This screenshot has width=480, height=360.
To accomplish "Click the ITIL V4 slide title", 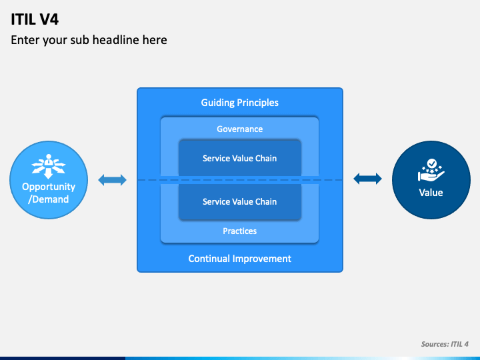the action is click(x=35, y=19).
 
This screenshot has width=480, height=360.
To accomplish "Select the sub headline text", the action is click(x=89, y=40).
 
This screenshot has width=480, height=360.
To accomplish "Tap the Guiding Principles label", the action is click(x=240, y=103).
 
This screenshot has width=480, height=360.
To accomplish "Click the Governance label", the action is click(x=240, y=129).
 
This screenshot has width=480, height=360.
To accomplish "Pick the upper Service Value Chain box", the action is click(x=240, y=158).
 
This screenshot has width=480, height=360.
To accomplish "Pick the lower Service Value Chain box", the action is click(x=240, y=202).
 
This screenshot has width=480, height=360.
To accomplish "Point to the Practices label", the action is click(x=240, y=231).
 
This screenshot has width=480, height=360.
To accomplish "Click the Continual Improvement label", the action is click(x=240, y=259).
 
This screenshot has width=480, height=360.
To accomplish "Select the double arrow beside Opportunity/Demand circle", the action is click(x=113, y=180).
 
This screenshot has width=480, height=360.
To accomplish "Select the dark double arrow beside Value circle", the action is click(x=367, y=179).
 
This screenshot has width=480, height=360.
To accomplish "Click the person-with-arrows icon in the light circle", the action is click(x=49, y=166).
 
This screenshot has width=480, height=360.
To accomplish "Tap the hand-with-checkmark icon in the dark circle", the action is click(x=431, y=170).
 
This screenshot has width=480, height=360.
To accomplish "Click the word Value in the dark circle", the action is click(x=431, y=193).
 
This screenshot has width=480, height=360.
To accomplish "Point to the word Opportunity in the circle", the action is click(x=49, y=187).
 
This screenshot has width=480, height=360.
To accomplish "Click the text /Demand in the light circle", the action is click(x=49, y=199).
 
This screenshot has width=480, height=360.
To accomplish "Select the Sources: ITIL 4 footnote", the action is click(x=445, y=344).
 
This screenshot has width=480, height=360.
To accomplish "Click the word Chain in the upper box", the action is click(x=265, y=158).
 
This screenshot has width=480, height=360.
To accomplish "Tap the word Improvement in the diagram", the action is click(x=262, y=259).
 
